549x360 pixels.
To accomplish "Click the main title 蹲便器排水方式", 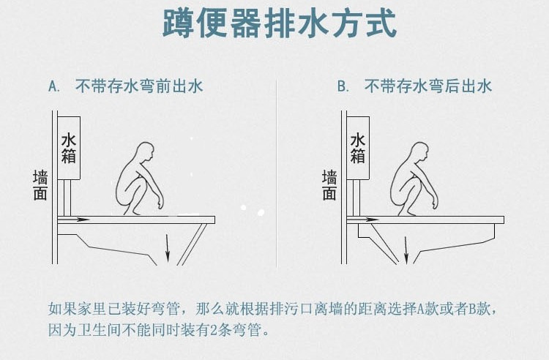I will click(x=279, y=25).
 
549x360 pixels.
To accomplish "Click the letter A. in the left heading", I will click(x=53, y=86).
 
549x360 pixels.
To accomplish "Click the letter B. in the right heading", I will click(x=343, y=86).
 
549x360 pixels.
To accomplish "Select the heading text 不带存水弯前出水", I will click(x=139, y=86).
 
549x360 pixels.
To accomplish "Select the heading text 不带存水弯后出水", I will click(x=428, y=86).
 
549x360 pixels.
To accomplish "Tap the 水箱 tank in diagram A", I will click(x=69, y=147).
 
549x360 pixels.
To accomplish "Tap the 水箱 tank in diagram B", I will click(x=358, y=147).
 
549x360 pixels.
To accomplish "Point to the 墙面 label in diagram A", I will click(x=41, y=185).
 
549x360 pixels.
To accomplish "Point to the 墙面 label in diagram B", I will click(x=330, y=185).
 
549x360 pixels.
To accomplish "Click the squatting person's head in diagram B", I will click(x=419, y=153).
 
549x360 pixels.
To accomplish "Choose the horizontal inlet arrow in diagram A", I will click(x=73, y=218).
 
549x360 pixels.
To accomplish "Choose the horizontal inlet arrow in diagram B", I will click(x=362, y=218).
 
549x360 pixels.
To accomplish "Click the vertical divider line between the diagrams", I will click(x=276, y=176).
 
